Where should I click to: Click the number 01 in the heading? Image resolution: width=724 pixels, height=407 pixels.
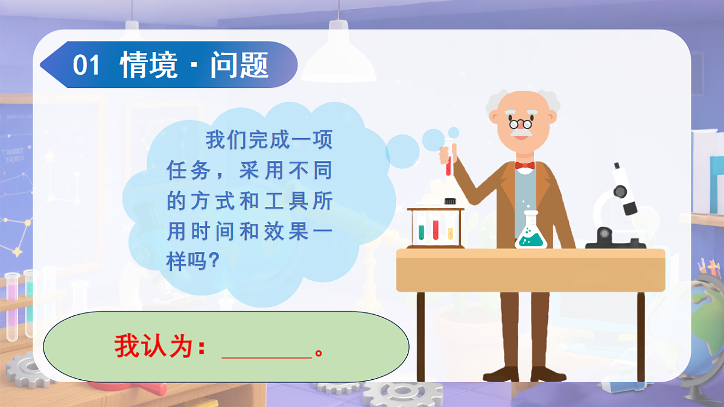86,65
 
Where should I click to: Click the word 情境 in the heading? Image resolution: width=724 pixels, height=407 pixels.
148,65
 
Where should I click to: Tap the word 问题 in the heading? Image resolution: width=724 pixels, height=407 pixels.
240,65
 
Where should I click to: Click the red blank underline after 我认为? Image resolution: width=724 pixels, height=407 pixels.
266,356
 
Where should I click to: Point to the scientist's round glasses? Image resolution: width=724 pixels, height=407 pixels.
520,124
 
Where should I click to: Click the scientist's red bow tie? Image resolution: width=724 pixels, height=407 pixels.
524,165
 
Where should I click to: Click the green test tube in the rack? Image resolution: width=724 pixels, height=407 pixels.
421,230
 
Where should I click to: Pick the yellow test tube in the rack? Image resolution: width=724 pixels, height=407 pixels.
450,232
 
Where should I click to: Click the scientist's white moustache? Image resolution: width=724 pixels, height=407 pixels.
521,134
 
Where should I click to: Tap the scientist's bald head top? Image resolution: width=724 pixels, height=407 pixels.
520,99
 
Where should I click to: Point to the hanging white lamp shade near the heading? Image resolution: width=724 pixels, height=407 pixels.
338,60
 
